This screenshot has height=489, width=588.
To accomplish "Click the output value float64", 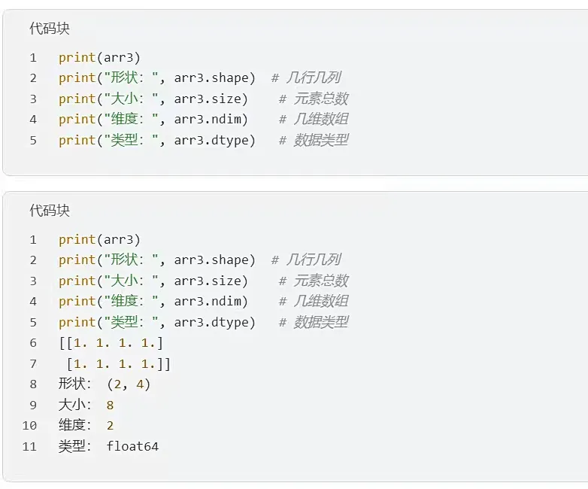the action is point(132,446).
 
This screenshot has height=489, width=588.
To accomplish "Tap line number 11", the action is point(29,446).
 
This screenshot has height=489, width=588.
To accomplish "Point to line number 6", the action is point(33,343).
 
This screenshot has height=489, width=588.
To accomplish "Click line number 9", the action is point(33,405).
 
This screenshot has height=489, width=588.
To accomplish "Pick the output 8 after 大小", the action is point(111,405).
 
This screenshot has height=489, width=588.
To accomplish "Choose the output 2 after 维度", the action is point(111,426).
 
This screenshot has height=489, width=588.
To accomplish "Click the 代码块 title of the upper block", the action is point(50,29).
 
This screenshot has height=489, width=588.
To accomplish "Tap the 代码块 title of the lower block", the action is point(50,211).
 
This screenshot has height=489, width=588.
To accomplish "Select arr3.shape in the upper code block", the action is point(214,78).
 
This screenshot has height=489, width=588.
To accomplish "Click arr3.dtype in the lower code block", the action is point(214,322).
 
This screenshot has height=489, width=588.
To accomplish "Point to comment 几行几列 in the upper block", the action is point(314,78).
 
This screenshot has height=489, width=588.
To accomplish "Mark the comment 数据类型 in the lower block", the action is point(321,322).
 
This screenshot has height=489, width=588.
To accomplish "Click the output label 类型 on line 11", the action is point(72,446).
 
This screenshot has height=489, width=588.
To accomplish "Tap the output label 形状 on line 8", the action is point(72,384).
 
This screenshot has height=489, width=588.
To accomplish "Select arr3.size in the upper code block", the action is point(211,99).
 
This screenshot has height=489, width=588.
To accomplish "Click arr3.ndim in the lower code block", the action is point(211,302).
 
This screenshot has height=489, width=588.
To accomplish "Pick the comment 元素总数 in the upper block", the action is point(321,99).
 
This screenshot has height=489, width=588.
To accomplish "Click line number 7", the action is point(33,364).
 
